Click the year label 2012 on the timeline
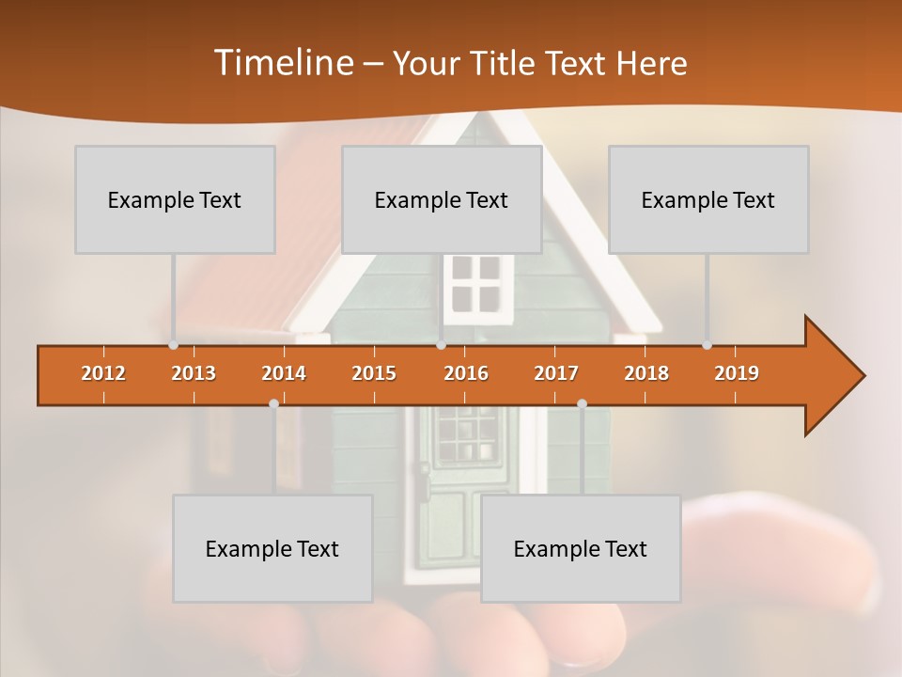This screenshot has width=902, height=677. tap(103, 373)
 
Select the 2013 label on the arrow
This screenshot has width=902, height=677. tap(194, 373)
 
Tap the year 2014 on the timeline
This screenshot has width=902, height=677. tap(284, 373)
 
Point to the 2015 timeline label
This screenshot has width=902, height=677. tap(374, 373)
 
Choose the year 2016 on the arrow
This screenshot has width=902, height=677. tap(466, 373)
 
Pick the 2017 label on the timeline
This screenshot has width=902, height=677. tap(556, 373)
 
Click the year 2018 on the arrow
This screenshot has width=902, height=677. tap(646, 373)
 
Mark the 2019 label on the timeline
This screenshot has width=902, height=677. tap(737, 373)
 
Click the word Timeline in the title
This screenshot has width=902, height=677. tap(282, 63)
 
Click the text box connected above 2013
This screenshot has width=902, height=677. tap(175, 199)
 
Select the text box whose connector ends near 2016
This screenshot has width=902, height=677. tap(442, 199)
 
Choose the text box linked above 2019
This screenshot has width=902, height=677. tap(708, 199)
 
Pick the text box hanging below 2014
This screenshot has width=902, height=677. tap(272, 548)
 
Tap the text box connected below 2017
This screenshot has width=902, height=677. tap(581, 548)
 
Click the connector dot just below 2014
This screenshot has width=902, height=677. tap(273, 403)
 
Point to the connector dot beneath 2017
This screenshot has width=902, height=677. tap(582, 403)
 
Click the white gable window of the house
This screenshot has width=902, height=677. tap(475, 284)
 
